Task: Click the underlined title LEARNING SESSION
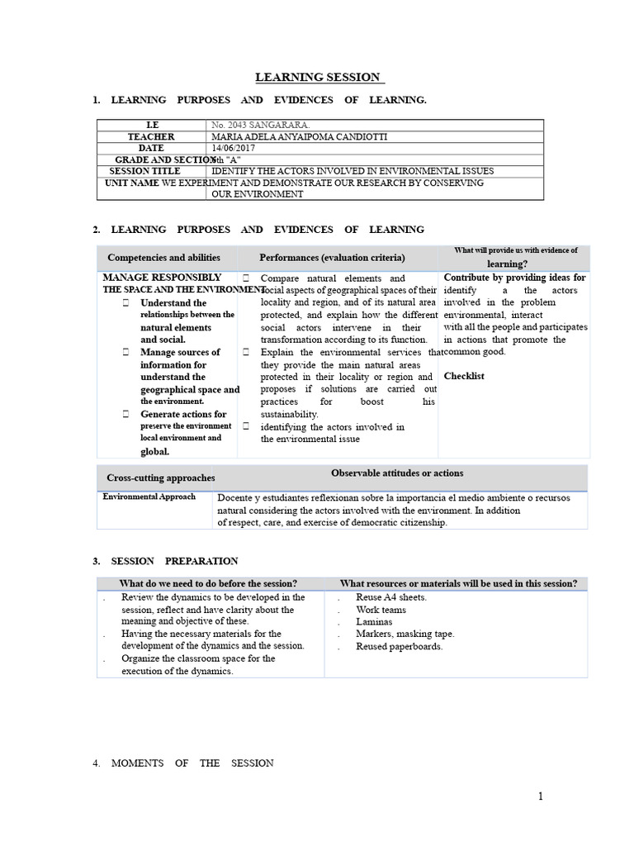[320, 78]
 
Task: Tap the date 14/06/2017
[234, 148]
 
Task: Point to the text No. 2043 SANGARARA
[251, 125]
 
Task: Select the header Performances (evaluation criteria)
[333, 258]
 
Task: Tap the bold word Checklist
[464, 377]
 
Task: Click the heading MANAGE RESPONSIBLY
[162, 278]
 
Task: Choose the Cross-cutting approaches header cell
[161, 478]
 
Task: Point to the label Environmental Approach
[149, 497]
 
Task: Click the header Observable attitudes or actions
[397, 473]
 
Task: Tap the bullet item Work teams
[381, 610]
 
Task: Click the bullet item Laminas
[374, 622]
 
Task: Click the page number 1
[541, 796]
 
